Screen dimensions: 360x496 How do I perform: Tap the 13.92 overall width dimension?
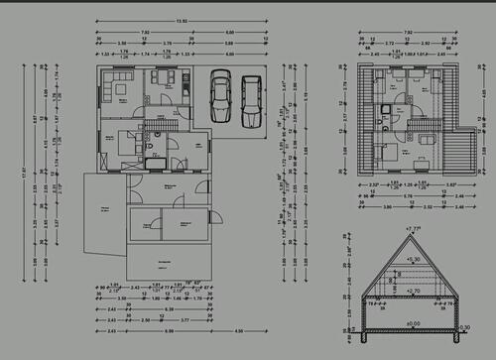181,22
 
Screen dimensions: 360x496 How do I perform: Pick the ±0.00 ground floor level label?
413,323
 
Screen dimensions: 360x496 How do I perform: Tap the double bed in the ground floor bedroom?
123,142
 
